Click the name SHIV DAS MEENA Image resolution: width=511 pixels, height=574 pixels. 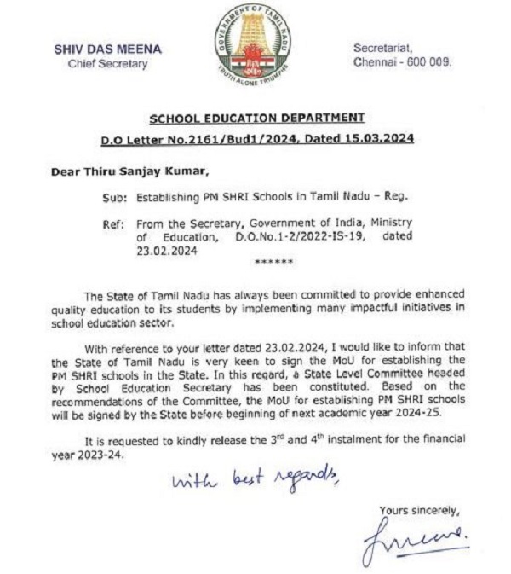pyautogui.click(x=108, y=49)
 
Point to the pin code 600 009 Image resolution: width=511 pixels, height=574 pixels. pyautogui.click(x=430, y=62)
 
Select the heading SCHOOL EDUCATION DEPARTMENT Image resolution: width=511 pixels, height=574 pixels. pyautogui.click(x=256, y=118)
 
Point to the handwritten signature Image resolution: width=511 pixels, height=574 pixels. pyautogui.click(x=415, y=541)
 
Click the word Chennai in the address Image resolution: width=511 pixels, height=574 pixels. pyautogui.click(x=377, y=62)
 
